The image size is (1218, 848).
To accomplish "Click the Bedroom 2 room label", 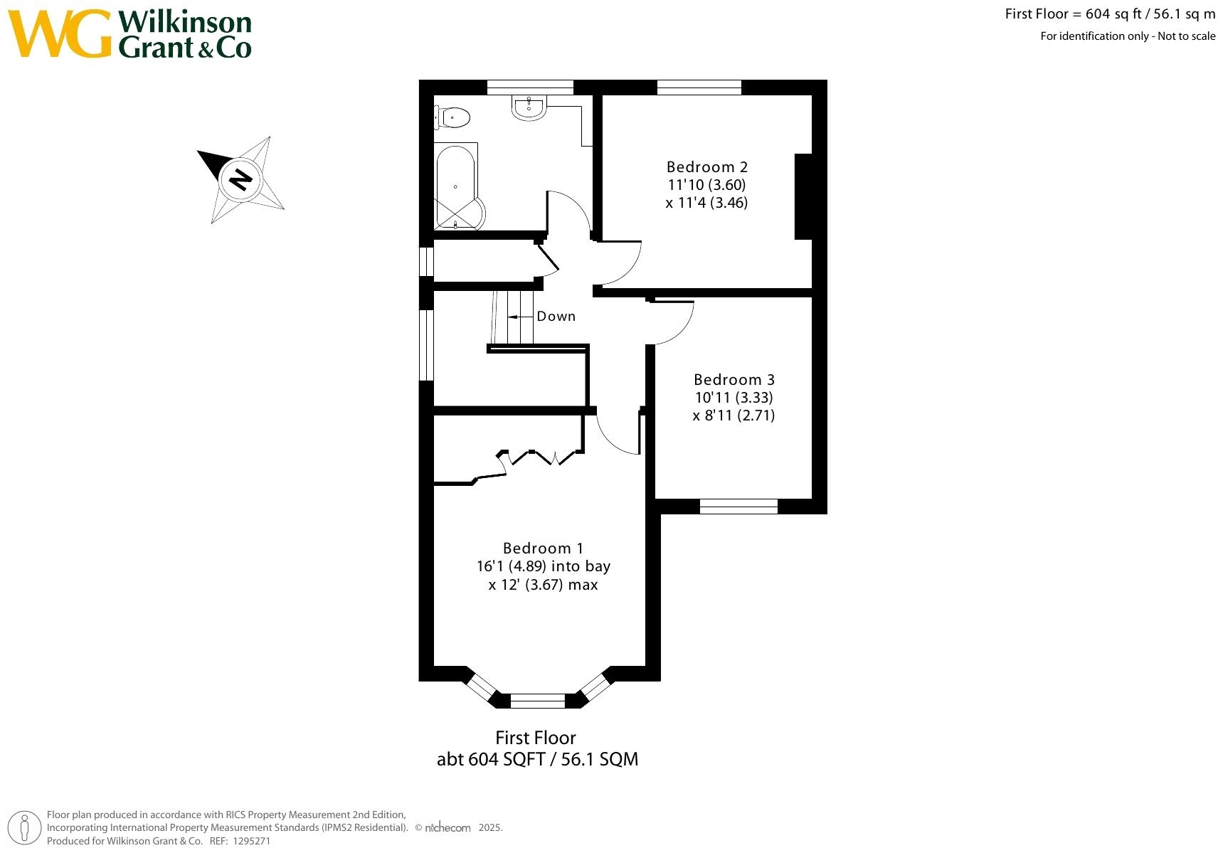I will coord(706,167).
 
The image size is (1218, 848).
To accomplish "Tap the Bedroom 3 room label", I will coord(734,380).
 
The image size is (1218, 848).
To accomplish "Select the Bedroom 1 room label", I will coord(543,548).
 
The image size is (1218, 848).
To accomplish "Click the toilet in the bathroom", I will coord(453,117).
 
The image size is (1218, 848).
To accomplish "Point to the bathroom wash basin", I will coord(529,107).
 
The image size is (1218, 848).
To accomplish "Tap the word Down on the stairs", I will coord(556,317).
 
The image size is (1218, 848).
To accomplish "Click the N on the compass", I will coord(241,179).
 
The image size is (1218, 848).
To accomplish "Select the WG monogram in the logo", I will coord(60,34).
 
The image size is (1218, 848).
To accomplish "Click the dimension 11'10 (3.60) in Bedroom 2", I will coord(706,185).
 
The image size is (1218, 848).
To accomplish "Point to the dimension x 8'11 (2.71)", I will coord(734,415).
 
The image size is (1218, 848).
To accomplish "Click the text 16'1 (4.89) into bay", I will coord(543,567).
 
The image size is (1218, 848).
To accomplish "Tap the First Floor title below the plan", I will coord(535,738).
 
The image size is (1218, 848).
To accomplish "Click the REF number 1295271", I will coord(251,841).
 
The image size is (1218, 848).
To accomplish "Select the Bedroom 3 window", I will coord(738,507).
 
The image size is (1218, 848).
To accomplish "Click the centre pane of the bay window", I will coord(537,701).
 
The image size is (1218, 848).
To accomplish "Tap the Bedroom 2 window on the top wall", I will coord(699,88).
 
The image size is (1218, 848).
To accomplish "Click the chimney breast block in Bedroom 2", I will coord(803,196).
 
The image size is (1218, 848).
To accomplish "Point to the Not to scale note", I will coord(1186,36).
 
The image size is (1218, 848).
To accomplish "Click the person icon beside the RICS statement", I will coord(25,827).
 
